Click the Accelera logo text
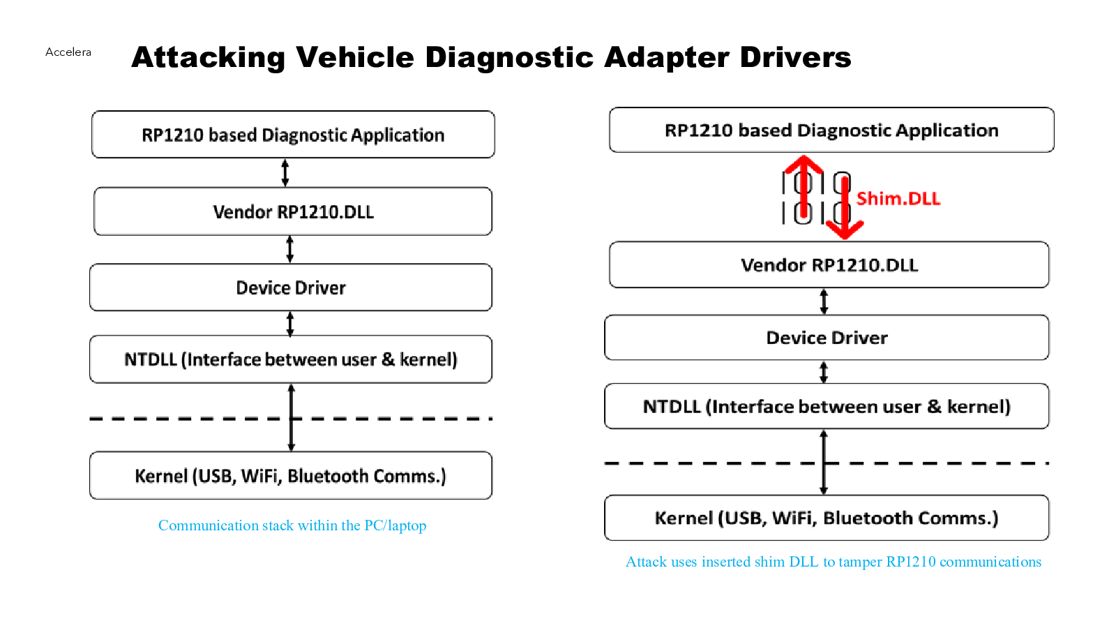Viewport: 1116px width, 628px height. [68, 52]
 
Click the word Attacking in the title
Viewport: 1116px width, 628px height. [208, 57]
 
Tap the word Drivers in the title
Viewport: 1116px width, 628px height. [796, 57]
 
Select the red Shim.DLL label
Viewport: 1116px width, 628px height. [898, 198]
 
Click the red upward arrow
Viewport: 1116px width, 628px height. [803, 187]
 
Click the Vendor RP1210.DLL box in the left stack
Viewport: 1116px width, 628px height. [293, 211]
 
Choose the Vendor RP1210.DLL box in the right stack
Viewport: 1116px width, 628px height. [829, 264]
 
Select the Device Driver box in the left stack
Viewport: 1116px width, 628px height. [291, 287]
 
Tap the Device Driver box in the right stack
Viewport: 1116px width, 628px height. [827, 338]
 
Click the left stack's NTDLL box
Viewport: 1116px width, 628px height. [291, 359]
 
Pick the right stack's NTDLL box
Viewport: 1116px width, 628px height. [827, 406]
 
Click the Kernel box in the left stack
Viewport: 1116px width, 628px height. [291, 475]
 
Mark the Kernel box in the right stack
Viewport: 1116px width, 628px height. [827, 518]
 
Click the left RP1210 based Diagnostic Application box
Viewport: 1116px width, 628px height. [293, 135]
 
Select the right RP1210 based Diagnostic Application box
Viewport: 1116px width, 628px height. [831, 130]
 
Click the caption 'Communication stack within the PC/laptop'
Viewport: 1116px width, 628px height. [292, 525]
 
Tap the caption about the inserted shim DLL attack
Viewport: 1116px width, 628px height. [834, 562]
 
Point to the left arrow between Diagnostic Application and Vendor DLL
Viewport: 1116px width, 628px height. [285, 173]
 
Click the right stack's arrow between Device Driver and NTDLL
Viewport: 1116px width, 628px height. [824, 373]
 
